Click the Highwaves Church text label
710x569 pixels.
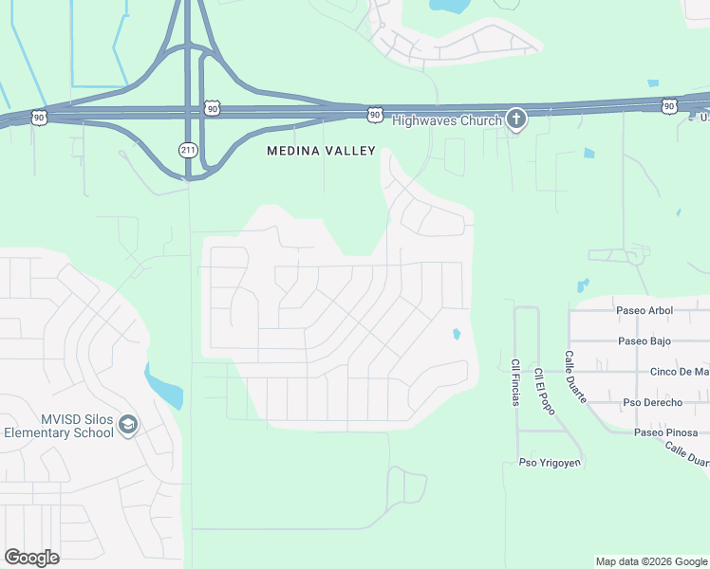446,120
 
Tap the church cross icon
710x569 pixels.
515,119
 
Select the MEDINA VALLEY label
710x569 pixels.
321,151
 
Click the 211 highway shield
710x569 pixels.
188,149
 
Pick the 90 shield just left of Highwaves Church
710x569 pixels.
375,115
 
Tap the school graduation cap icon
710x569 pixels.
128,426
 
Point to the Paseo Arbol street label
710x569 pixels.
645,310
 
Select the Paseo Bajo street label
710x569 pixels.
645,340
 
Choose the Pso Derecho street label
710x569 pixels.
652,402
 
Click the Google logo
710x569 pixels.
31,558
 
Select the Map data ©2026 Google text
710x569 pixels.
651,561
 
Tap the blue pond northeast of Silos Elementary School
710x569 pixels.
164,385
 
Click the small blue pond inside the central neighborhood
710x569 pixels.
457,334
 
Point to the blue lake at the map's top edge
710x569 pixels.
448,6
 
